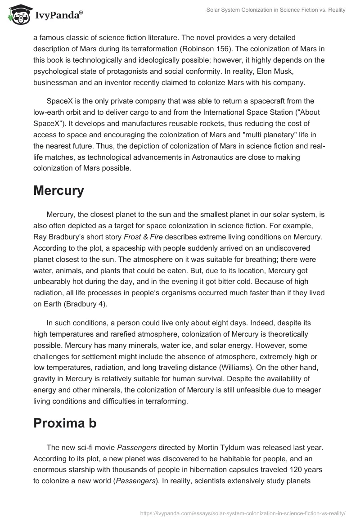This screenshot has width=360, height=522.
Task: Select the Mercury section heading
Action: tap(58, 191)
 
